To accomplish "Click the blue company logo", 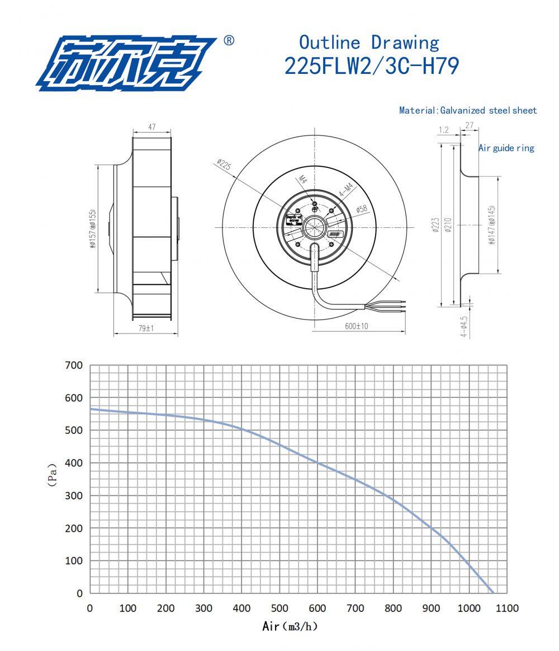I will coord(126,63).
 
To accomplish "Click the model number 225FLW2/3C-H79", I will coord(372,66).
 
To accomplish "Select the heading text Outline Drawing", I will coord(369,43).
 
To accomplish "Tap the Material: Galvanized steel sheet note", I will coord(468,110).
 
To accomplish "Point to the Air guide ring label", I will coord(506,148).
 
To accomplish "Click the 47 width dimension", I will coord(152,128).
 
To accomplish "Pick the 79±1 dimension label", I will coord(146,329).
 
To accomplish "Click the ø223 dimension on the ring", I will coord(435,225).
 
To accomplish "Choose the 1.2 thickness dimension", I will coord(444,130).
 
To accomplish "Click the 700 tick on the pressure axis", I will coord(74,366).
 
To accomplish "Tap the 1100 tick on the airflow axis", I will coord(507,608).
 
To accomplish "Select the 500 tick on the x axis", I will coord(279,608).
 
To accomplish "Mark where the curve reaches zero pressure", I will coord(493,593).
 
